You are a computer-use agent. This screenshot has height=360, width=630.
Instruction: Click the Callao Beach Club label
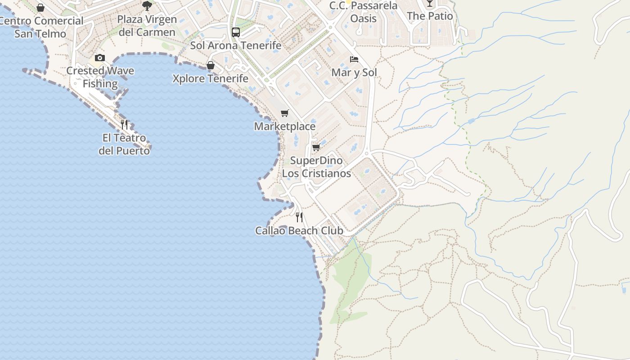pos(299,231)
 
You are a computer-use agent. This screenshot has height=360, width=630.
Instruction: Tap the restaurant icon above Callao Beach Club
pos(299,217)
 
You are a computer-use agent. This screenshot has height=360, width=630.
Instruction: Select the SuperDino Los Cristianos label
pos(316,167)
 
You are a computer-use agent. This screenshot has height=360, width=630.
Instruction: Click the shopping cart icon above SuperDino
pos(316,147)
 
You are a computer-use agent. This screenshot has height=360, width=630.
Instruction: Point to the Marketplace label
pos(285,126)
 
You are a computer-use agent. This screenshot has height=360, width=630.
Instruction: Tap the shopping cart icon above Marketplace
pos(284,113)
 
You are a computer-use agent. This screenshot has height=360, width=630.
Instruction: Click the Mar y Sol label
pos(354,72)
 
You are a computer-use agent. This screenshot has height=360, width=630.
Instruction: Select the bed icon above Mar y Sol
pos(354,59)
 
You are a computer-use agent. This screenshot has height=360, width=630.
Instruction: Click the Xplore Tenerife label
pos(211,79)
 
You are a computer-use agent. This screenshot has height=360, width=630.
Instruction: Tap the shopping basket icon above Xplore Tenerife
pos(210,66)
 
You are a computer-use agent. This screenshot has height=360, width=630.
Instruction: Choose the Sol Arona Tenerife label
pos(236,45)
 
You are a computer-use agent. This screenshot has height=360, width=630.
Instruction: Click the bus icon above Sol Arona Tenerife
pos(236,32)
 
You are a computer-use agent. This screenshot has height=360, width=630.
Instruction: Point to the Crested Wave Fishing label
pos(100,77)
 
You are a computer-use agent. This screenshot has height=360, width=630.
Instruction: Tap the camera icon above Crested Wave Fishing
pos(100,58)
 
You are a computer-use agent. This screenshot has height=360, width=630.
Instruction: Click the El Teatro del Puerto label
pos(124,144)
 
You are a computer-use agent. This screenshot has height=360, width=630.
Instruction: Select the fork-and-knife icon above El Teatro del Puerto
pos(124,124)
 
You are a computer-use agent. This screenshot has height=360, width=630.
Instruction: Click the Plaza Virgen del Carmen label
pos(147,26)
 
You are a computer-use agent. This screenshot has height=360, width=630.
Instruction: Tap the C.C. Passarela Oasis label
pos(363,12)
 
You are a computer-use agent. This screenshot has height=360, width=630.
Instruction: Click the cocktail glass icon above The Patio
pos(430,4)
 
